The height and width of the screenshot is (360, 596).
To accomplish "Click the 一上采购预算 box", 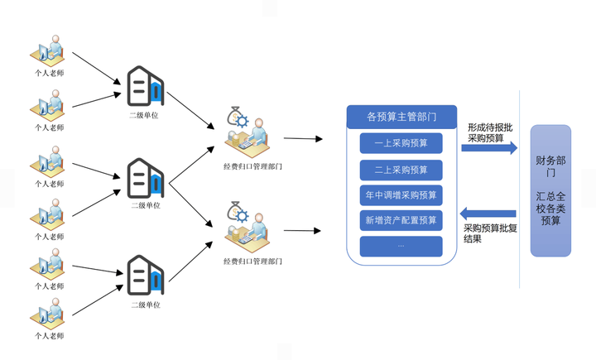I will (401, 143).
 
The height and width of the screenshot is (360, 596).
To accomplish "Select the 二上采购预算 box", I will (401, 170).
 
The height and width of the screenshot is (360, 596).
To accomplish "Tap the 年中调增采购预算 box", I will (401, 195).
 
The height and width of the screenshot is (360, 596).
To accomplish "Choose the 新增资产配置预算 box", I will (401, 220).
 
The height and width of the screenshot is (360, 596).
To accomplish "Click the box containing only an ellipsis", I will (401, 246).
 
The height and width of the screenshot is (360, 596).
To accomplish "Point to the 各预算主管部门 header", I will (401, 117).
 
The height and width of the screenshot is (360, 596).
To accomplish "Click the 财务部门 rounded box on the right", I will (550, 190).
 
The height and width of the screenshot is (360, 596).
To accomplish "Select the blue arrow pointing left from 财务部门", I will (488, 212).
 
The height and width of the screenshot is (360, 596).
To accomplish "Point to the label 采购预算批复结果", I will (490, 233).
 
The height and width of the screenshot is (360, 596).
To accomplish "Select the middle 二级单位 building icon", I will (145, 178).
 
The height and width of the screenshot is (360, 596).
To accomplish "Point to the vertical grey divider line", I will (519, 190).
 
